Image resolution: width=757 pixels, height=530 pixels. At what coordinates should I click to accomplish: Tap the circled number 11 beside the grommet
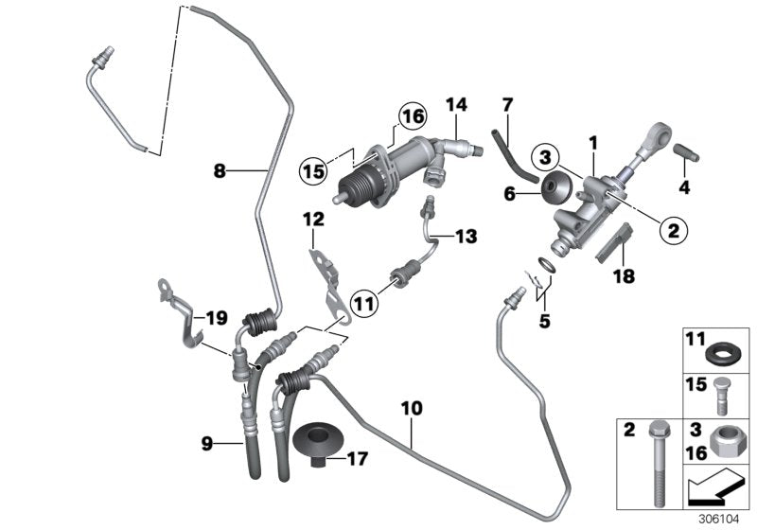coord(363,303)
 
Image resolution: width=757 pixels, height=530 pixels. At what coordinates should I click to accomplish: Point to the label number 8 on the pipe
coord(220,171)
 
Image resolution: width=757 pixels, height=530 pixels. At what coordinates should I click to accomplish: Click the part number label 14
coord(457,103)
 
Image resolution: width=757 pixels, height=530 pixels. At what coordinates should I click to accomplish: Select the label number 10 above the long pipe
coord(412,410)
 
